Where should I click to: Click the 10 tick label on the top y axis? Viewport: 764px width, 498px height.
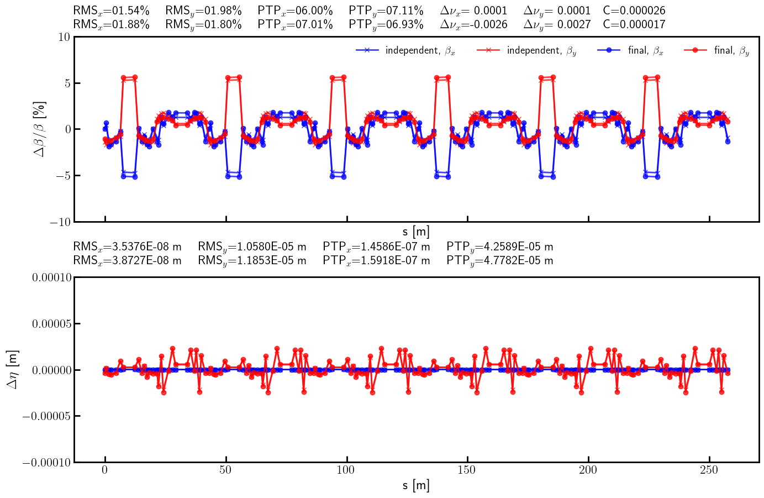64,37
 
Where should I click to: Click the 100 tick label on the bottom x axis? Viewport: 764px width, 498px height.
346,470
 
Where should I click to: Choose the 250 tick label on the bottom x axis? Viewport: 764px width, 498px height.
709,470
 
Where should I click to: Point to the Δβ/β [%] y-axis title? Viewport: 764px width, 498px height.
40,129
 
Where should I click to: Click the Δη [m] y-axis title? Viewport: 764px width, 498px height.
13,369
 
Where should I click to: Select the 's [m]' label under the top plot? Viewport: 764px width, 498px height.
416,232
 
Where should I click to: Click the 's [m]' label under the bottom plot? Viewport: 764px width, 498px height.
416,486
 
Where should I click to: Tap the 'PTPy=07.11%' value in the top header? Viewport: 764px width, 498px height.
386,11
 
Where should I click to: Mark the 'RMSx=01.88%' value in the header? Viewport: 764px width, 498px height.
111,24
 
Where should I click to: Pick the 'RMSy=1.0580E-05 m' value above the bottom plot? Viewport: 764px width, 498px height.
252,247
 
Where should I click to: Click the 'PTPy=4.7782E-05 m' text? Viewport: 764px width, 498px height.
499,260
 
